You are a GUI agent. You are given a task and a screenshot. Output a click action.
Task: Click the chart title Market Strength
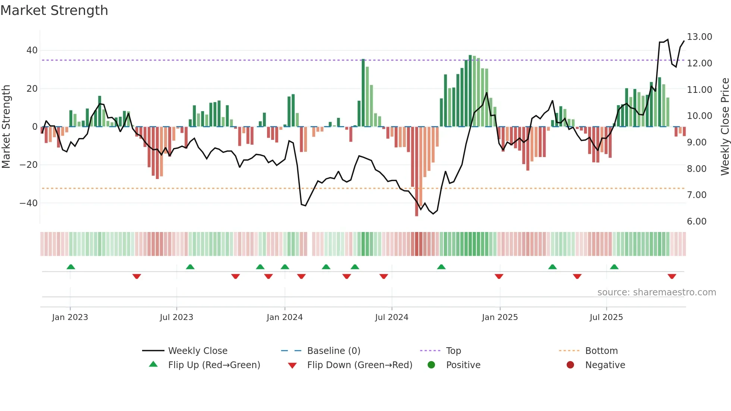(x=54, y=10)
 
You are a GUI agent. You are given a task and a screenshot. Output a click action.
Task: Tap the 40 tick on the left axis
(x=32, y=50)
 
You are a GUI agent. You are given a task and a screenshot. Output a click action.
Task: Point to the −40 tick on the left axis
(x=29, y=203)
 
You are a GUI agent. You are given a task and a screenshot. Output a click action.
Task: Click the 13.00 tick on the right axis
(x=699, y=37)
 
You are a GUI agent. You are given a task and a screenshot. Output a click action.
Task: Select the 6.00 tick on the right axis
(x=696, y=222)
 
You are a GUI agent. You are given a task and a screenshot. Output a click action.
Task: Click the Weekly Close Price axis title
(x=725, y=127)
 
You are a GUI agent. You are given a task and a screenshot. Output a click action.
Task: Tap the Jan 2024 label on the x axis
(x=285, y=317)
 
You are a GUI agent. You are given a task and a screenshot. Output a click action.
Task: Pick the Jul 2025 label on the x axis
(x=606, y=317)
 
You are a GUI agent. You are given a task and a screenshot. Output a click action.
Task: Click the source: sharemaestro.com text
(x=656, y=292)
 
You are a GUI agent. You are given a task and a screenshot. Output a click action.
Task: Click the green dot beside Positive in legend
(x=432, y=365)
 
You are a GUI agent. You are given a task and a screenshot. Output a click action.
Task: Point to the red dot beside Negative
(x=570, y=365)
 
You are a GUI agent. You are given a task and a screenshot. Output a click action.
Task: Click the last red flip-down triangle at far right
(x=672, y=276)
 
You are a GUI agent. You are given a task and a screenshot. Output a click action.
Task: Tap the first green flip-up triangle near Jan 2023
(x=71, y=267)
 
